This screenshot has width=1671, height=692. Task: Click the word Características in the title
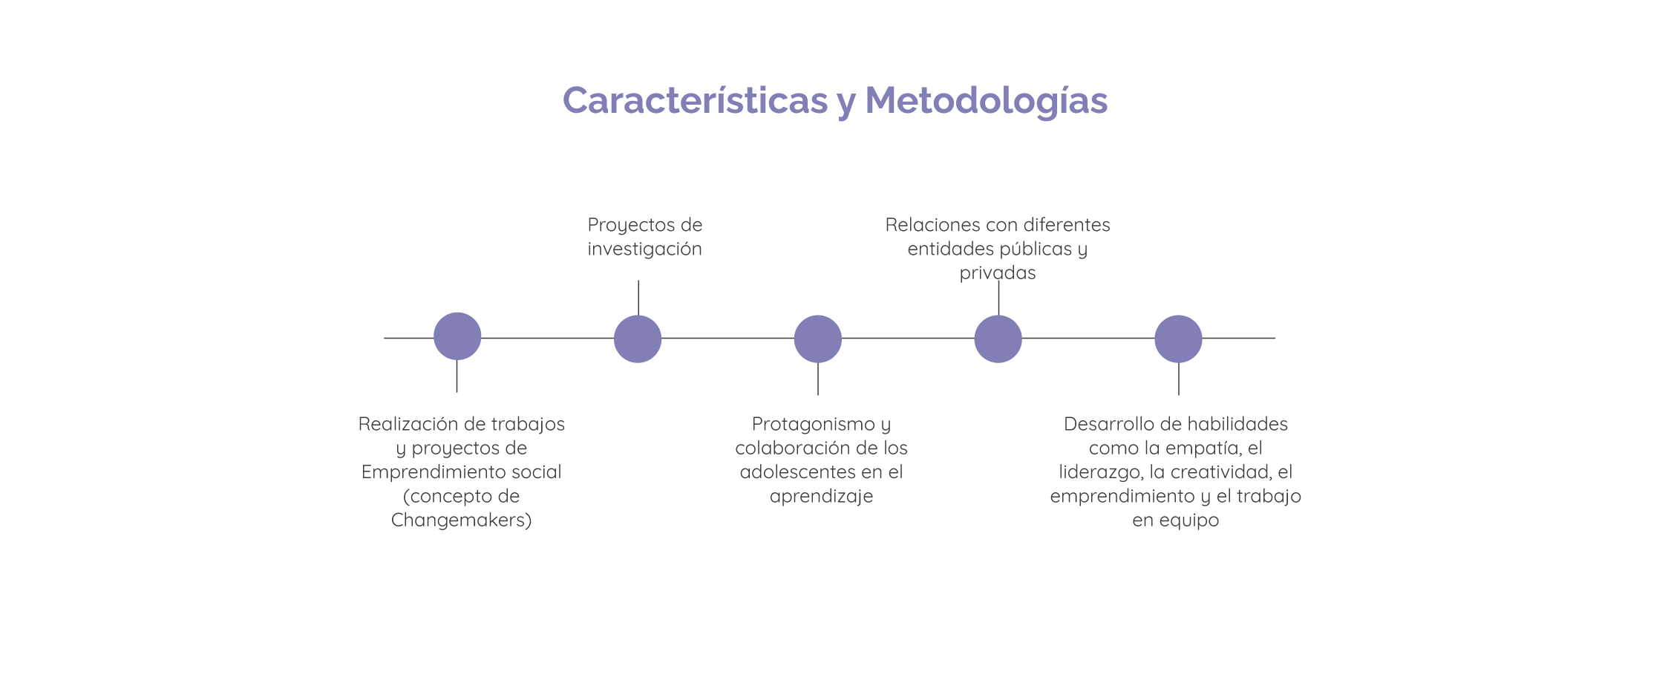694,101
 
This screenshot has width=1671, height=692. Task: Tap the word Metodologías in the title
986,101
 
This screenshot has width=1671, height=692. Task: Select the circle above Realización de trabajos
457,336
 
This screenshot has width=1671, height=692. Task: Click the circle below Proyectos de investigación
638,339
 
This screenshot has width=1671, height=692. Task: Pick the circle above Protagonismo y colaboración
817,339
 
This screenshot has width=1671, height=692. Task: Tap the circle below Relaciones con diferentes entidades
998,339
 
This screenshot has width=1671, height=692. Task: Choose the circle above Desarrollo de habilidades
1178,339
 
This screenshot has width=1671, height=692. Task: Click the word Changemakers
458,520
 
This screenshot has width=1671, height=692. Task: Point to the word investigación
644,249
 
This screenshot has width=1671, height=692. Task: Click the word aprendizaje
821,497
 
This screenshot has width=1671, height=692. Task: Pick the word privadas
997,273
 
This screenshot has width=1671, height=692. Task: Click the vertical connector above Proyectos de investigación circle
638,297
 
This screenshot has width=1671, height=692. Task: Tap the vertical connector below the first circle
457,376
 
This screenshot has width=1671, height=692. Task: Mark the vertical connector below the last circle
1179,379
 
